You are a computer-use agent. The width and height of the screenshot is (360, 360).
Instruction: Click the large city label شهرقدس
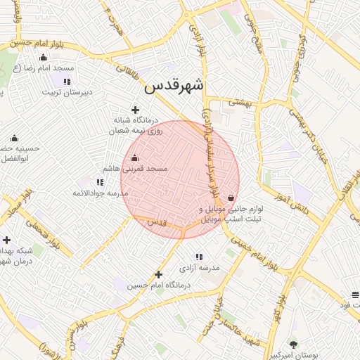(x=174, y=86)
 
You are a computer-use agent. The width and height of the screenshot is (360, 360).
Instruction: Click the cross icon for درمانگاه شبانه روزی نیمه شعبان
(x=136, y=109)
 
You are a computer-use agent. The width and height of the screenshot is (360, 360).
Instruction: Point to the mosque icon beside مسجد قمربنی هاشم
(x=135, y=158)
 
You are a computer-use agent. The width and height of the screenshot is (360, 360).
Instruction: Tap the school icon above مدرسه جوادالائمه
(x=100, y=182)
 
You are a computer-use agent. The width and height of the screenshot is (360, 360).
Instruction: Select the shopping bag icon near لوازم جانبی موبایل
(x=231, y=198)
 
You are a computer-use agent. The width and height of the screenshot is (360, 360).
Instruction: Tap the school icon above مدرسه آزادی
(x=199, y=257)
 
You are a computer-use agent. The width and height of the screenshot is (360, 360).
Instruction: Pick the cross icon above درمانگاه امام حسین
(x=158, y=274)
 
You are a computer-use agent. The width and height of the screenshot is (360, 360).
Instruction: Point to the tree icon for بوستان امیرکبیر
(x=293, y=344)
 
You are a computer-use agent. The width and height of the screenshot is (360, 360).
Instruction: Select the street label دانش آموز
(x=298, y=202)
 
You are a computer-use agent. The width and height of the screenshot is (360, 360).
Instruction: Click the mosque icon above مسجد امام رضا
(x=44, y=58)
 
